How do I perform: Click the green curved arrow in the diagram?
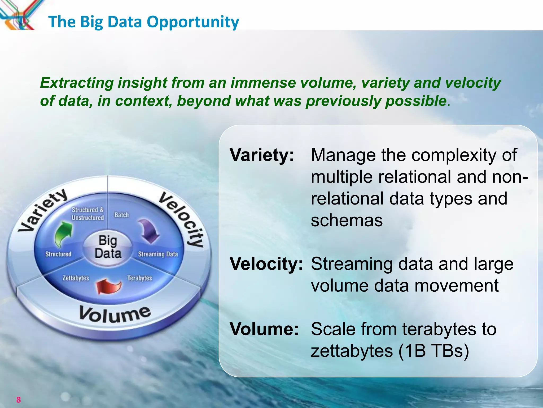click(63, 234)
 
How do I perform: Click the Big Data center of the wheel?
click(108, 247)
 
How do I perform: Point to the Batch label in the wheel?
click(121, 215)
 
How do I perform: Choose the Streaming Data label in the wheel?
click(158, 254)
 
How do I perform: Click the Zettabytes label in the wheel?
click(76, 278)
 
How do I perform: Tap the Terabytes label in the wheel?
click(139, 278)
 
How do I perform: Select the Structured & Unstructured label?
click(88, 214)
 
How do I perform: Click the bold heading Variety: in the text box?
click(262, 155)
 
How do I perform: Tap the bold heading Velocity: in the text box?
click(266, 264)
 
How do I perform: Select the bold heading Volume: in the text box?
click(264, 329)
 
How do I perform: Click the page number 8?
click(18, 399)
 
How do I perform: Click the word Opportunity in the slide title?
click(193, 22)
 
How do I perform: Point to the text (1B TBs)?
click(433, 351)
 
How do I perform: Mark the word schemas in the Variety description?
click(347, 220)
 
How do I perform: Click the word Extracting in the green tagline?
click(77, 83)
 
